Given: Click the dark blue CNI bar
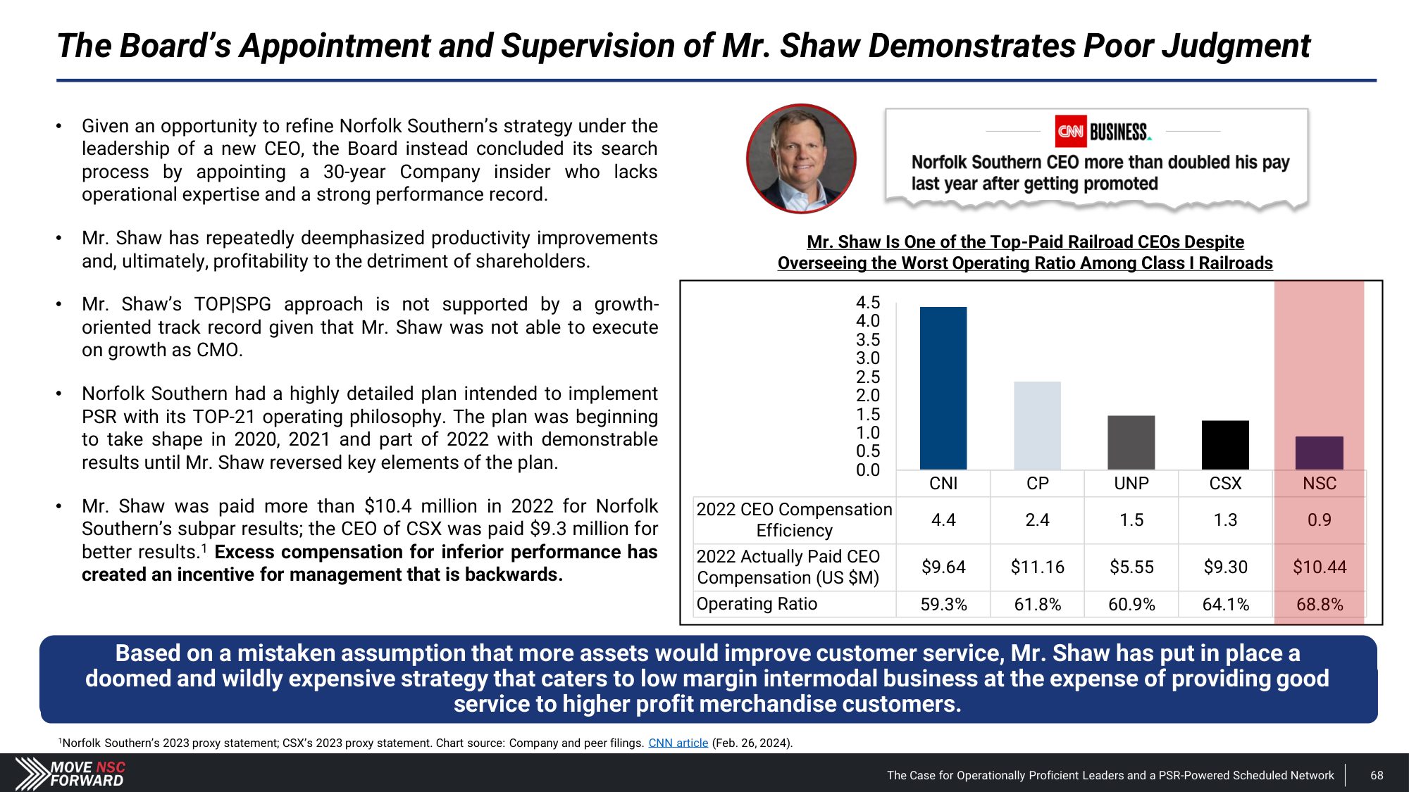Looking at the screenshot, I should (x=943, y=388).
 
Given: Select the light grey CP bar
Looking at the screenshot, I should (x=1037, y=425).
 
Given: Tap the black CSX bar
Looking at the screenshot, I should (x=1225, y=445).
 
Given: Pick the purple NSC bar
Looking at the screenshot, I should (x=1319, y=453).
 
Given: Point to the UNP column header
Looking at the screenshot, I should (x=1131, y=484).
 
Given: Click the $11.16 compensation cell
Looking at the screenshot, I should (x=1037, y=567).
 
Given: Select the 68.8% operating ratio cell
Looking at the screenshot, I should (x=1320, y=604).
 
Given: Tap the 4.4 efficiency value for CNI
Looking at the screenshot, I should (x=943, y=520).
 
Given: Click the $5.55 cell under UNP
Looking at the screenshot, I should (x=1131, y=567).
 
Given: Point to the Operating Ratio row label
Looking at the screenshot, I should (x=757, y=604).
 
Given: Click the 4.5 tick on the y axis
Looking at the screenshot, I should (x=868, y=303).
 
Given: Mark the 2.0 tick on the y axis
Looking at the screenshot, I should (x=868, y=396).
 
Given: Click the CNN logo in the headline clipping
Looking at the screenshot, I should (x=1070, y=132).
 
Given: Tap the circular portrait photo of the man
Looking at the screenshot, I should (x=801, y=158).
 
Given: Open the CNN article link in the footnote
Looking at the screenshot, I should (x=678, y=743).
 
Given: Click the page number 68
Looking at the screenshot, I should (x=1377, y=775).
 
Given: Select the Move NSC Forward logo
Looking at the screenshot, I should (x=71, y=774).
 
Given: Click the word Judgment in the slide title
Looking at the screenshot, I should (x=1236, y=46).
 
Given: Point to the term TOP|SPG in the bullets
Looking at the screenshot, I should (x=232, y=304).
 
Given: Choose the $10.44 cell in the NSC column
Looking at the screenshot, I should (x=1320, y=567).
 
